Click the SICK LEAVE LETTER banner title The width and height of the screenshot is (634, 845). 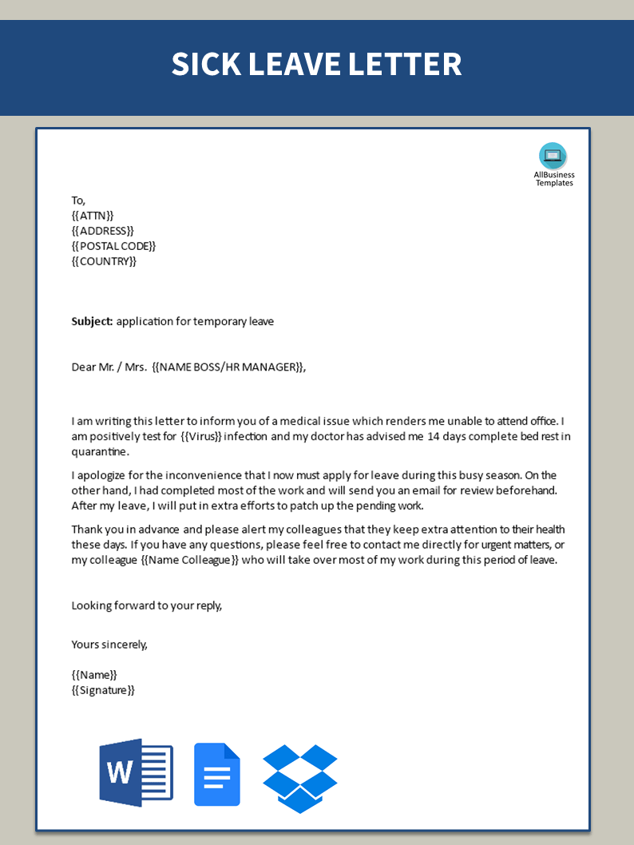(316, 65)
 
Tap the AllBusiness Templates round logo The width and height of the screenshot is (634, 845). (553, 156)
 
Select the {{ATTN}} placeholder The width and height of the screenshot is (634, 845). (93, 216)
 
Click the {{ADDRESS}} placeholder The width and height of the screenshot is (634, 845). (102, 231)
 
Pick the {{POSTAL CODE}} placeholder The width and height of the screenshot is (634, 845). (113, 246)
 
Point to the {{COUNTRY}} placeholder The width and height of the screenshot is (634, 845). (104, 261)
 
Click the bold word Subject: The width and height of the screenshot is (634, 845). (92, 322)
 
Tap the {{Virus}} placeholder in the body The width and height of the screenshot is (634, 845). (201, 437)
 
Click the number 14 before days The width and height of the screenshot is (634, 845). (434, 437)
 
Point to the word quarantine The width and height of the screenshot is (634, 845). (98, 452)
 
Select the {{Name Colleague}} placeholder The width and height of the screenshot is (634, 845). (190, 560)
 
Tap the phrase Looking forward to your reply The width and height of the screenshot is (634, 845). (146, 605)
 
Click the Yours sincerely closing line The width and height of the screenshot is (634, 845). (109, 645)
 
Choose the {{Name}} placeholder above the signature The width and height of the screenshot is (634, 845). (94, 675)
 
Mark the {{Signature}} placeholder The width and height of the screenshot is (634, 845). (103, 690)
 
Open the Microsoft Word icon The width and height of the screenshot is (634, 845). (136, 772)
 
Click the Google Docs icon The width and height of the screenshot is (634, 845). (216, 774)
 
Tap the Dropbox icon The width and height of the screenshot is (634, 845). (300, 778)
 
